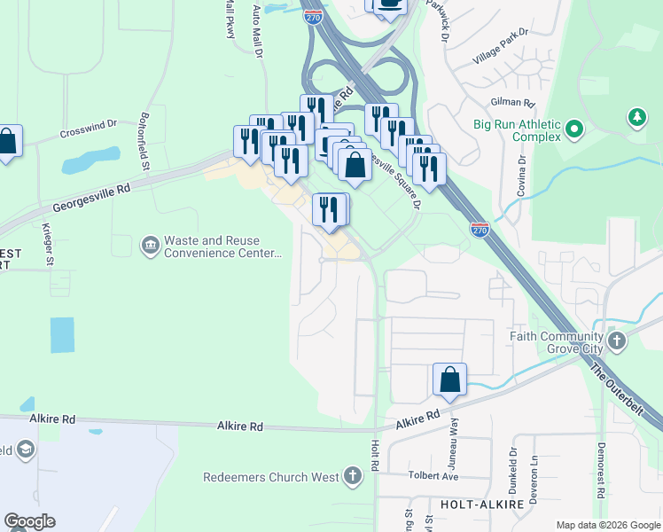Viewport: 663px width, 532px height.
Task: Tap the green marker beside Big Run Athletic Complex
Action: coord(574,130)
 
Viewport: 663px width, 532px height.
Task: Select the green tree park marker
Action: coord(636,117)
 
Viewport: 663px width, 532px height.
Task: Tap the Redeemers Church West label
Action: coord(270,477)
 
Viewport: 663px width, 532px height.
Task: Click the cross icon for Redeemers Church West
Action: coord(353,477)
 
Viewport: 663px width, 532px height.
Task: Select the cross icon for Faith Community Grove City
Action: coord(616,340)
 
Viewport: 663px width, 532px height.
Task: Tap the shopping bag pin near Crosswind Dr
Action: coord(7,142)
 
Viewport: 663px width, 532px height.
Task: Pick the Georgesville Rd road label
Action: coord(91,196)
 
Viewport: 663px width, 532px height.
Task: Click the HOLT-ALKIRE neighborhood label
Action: coord(474,504)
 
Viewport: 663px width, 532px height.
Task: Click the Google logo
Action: coord(29,521)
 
